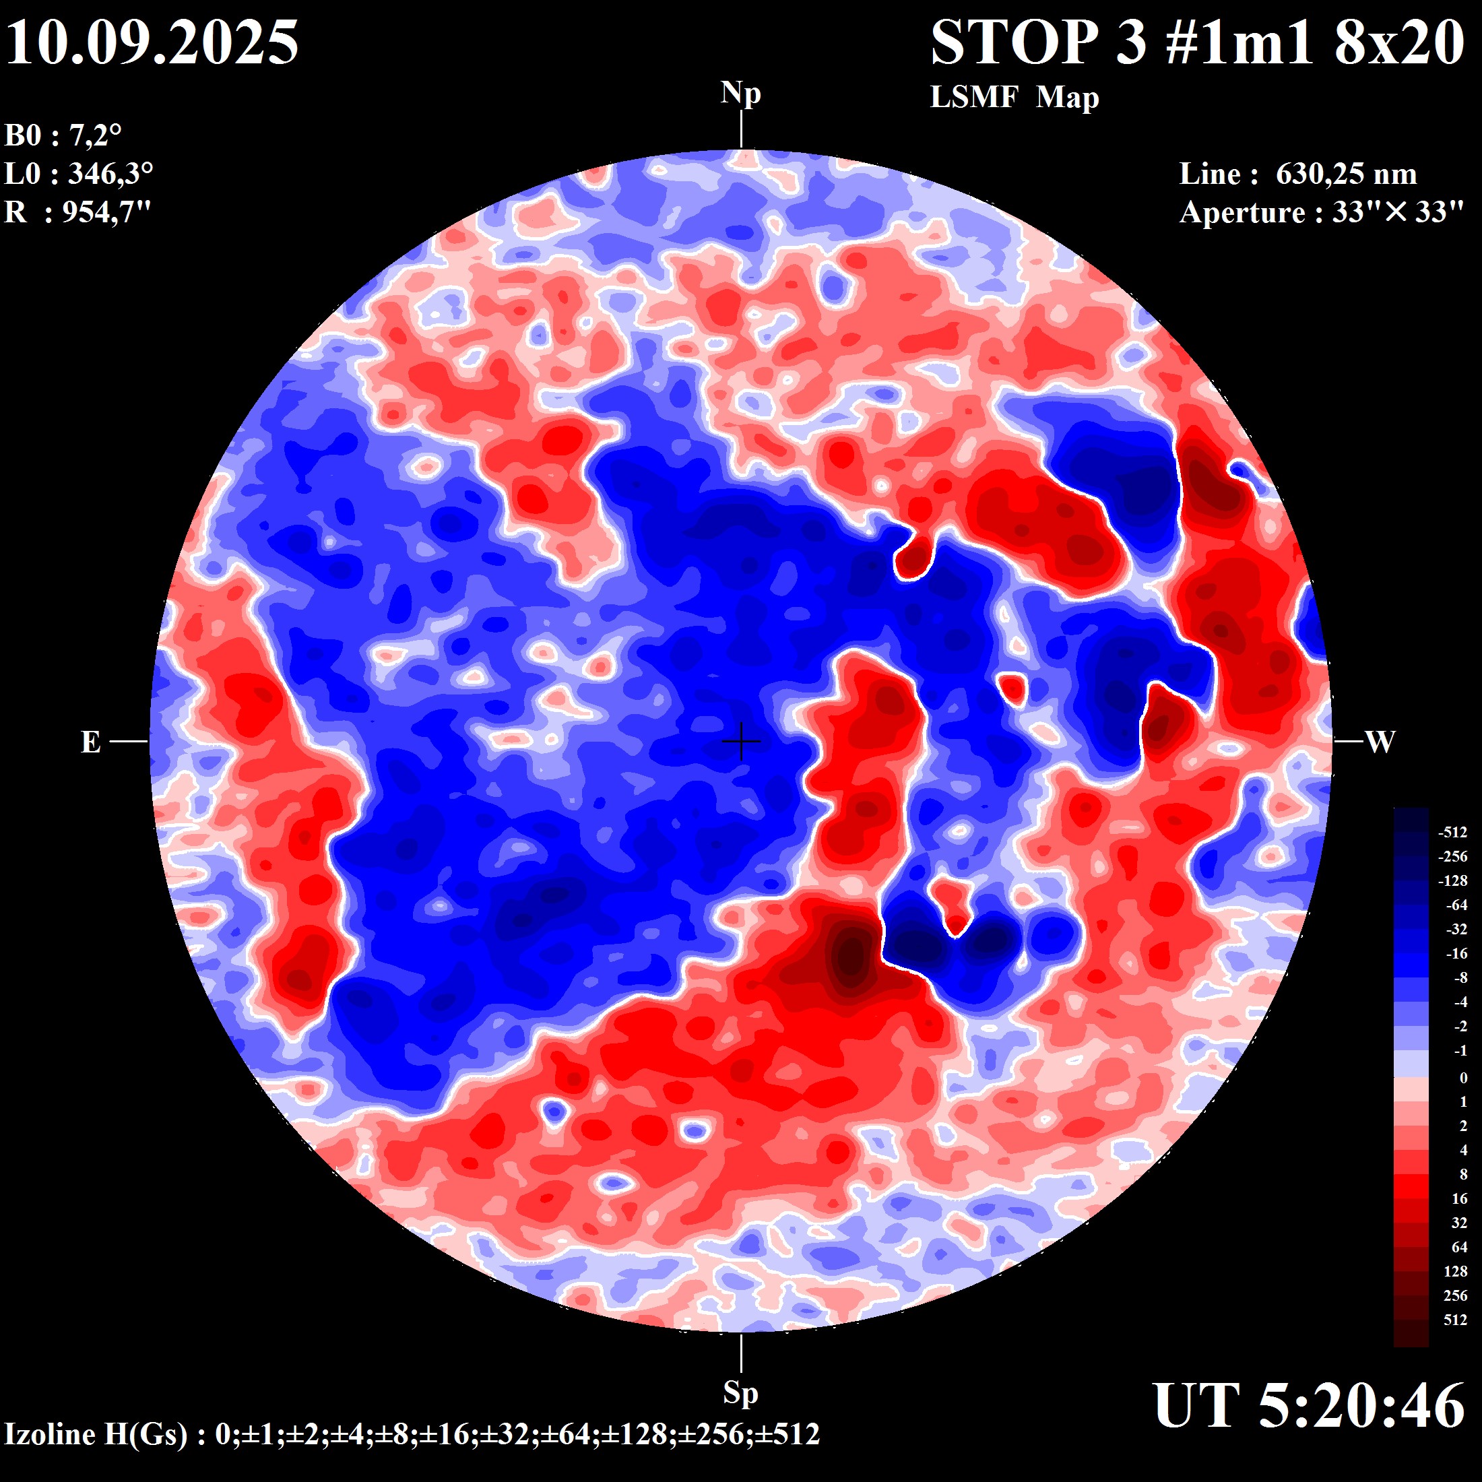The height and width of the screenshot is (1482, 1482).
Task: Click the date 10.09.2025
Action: pos(152,42)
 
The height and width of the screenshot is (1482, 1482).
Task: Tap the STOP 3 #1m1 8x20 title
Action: pos(1198,42)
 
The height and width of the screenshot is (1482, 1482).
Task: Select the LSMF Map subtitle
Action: pos(1014,98)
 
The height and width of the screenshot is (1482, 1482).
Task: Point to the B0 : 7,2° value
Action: pos(63,136)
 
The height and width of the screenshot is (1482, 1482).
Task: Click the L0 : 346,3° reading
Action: pos(78,174)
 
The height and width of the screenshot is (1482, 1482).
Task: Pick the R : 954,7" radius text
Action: pos(77,212)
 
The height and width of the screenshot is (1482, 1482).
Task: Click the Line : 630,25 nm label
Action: pos(1297,174)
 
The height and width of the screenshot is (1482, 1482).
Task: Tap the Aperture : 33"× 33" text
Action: pos(1321,212)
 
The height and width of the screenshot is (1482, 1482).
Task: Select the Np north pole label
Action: pos(740,94)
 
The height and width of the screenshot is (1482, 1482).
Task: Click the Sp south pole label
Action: pos(740,1392)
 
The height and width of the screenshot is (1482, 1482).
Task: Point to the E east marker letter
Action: pos(90,742)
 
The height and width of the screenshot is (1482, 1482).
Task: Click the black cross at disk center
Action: pos(741,742)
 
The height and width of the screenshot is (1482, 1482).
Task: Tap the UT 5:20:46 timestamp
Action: pos(1309,1406)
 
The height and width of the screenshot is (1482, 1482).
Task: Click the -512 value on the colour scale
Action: pos(1452,833)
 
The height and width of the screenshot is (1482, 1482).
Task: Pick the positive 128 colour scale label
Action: pos(1455,1272)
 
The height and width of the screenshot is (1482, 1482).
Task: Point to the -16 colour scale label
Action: pos(1455,953)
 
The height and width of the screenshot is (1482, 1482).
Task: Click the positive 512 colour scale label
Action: pos(1455,1320)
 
